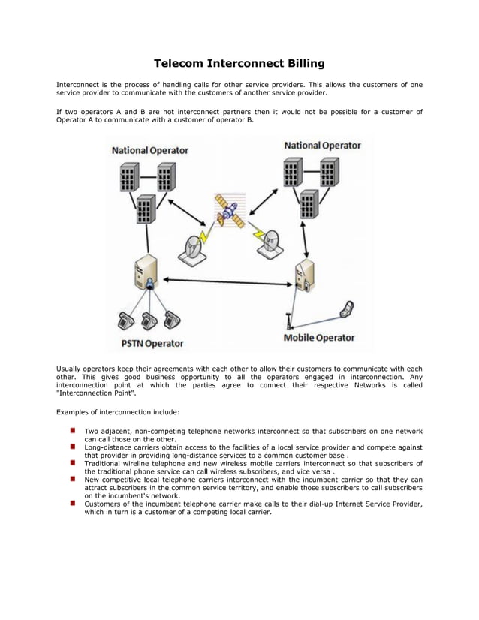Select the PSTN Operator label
[x=152, y=343]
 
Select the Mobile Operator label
[x=318, y=338]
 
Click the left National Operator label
[x=150, y=150]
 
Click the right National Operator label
[x=322, y=145]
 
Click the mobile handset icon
[x=346, y=308]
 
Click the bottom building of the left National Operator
[x=146, y=208]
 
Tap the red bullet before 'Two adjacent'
[x=74, y=431]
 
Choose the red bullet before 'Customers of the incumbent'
[x=74, y=504]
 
